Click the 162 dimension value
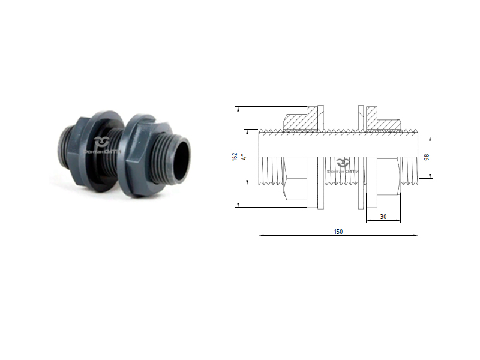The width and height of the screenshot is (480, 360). click(234, 157)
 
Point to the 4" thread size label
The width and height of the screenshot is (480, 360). click(242, 157)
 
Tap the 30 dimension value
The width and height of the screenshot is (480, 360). click(383, 216)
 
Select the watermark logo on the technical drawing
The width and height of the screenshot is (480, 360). click(342, 165)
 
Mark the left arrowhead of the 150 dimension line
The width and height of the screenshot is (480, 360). click(260, 236)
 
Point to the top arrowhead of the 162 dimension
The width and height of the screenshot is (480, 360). click(239, 109)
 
